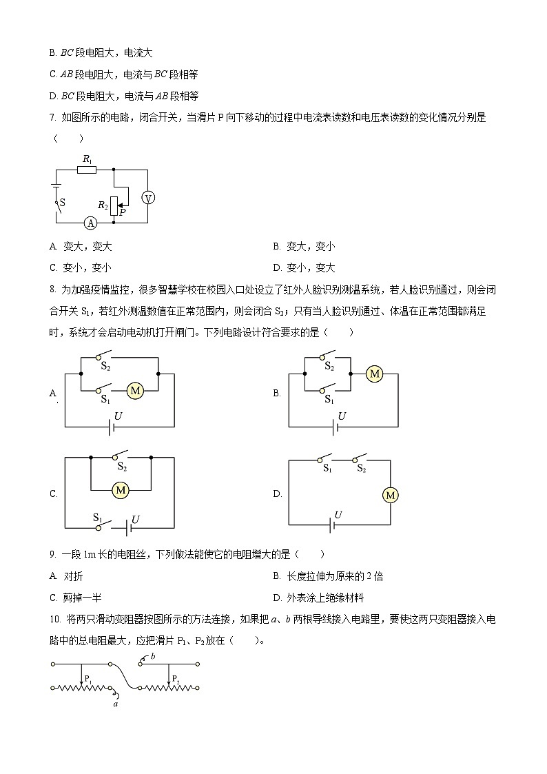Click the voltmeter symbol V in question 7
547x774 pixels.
coord(147,198)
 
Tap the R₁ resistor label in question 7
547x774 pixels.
coord(87,159)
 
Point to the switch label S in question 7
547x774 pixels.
coord(62,203)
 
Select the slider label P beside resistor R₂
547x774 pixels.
coord(122,212)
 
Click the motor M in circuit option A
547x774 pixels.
coord(135,391)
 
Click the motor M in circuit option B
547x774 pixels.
coord(374,374)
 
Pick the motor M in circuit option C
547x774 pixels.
coord(121,489)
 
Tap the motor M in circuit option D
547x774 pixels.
coord(391,495)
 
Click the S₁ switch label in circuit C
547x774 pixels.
coord(98,516)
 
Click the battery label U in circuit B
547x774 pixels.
coord(342,416)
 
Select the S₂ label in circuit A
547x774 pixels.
coord(105,367)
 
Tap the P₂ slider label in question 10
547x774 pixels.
coord(176,679)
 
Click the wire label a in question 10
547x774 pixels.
coord(116,703)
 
